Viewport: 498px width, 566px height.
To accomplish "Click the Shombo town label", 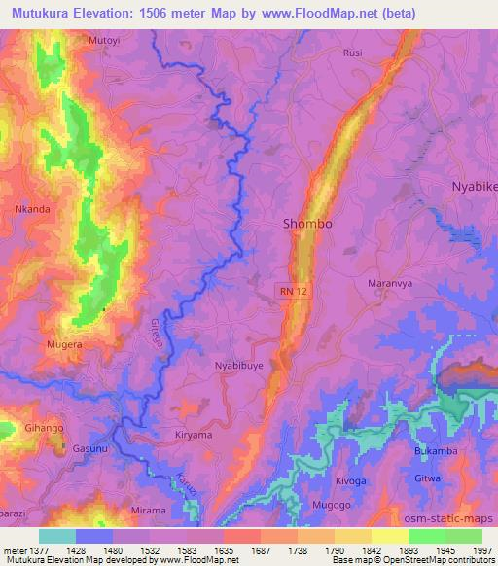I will [x=306, y=224].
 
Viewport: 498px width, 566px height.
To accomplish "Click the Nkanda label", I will [x=32, y=208].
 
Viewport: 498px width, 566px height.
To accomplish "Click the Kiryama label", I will [x=193, y=435].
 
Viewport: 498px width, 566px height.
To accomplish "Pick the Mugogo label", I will [x=333, y=507].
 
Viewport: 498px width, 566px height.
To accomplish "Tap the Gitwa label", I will [x=427, y=478].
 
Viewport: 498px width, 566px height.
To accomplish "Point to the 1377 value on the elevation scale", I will [x=33, y=551].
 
